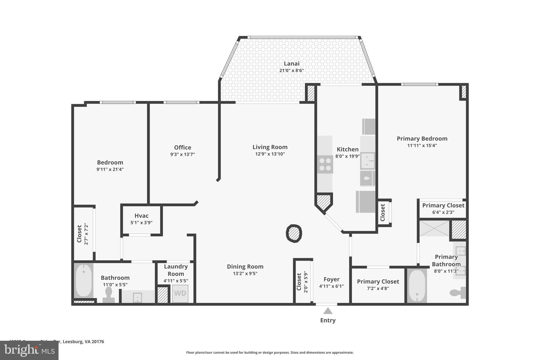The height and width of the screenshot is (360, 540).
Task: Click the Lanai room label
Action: pos(291,64)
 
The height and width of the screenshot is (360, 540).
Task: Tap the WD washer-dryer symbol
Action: pos(180,293)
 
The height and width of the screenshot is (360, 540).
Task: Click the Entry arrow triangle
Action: pos(328,310)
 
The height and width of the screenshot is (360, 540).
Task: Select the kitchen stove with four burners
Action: pos(325,164)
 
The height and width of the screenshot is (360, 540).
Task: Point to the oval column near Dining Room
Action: pos(294,234)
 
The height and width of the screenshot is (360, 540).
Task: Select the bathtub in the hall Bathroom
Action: pos(84,280)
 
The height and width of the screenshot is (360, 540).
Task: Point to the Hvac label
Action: pos(141,216)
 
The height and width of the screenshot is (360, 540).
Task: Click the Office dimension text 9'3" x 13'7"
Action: pos(183,154)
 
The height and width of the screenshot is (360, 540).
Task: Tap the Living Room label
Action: pos(270,147)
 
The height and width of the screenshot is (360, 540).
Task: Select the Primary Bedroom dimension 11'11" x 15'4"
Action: pos(422,145)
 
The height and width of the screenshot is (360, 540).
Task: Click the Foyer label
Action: pos(331,279)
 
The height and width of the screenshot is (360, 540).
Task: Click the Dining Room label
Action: pos(245,267)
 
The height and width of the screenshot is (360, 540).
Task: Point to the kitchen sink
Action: pos(367,160)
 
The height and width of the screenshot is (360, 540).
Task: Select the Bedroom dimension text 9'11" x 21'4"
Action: pos(110,169)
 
